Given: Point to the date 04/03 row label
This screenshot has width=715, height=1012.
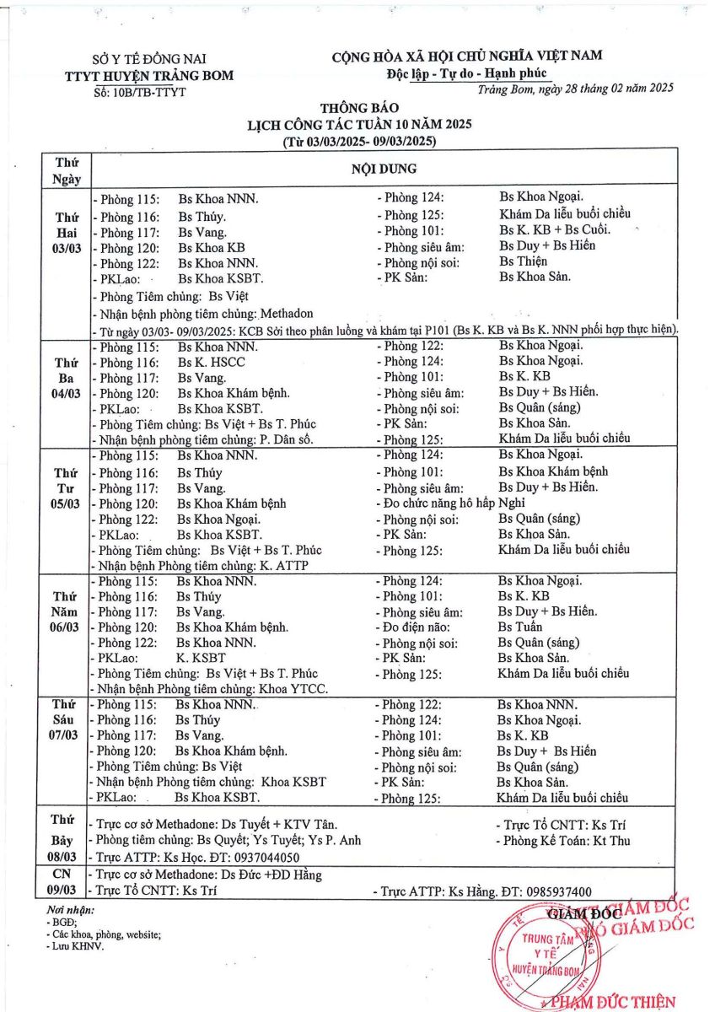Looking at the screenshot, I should click(66, 393).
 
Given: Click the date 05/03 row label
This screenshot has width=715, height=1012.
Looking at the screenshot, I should click(66, 503).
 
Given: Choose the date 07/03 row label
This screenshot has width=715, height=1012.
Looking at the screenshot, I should click(65, 735).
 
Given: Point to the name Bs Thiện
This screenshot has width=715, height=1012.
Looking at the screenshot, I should click(523, 261).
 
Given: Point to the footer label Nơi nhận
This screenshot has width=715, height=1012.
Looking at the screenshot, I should click(71, 911).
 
